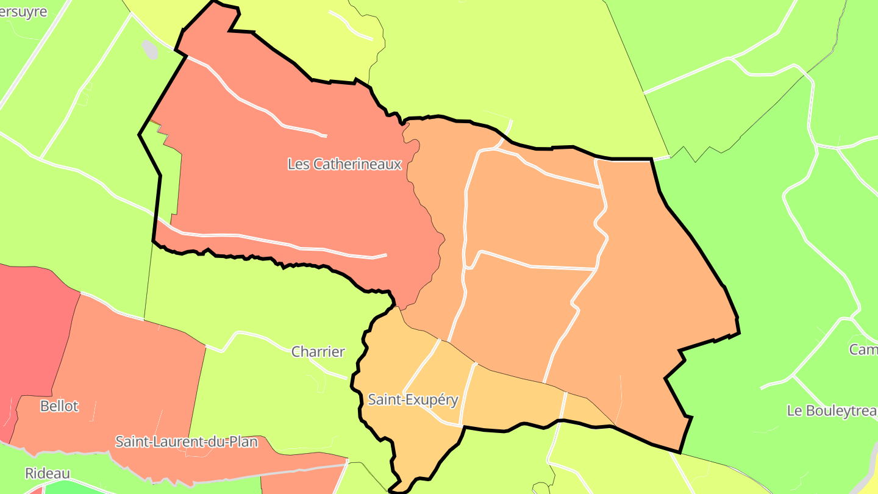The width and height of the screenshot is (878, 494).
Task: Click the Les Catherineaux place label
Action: [x=344, y=164]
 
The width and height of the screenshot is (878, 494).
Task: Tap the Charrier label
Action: [x=318, y=352]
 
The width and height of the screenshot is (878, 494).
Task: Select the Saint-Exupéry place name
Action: [x=413, y=400]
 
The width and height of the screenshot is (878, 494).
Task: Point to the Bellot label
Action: [x=59, y=406]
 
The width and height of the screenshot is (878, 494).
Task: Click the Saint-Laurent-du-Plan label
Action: [x=187, y=442]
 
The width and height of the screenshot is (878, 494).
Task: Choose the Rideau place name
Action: [x=48, y=473]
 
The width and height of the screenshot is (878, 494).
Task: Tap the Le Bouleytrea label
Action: [x=832, y=410]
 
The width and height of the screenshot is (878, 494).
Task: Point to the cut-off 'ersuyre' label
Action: [x=24, y=12]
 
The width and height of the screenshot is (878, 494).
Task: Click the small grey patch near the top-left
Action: [x=150, y=50]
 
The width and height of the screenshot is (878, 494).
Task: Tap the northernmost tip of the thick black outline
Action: [x=215, y=2]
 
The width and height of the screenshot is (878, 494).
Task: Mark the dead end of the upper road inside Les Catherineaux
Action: [x=326, y=135]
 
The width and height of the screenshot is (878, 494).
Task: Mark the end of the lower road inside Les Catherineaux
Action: [x=385, y=255]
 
